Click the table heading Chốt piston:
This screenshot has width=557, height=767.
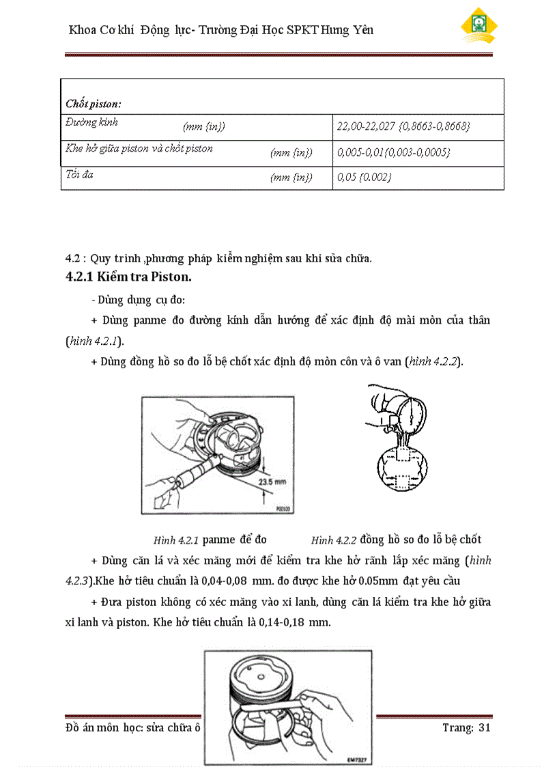[94, 104]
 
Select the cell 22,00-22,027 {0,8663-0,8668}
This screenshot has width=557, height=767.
[403, 127]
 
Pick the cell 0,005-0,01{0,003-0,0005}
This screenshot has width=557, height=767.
[394, 152]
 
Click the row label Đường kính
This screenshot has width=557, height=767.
[92, 122]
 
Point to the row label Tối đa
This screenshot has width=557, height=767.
[80, 174]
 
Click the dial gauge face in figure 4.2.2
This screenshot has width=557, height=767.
[412, 413]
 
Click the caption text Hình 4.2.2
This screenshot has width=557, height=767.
[334, 540]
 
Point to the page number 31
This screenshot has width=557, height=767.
[485, 728]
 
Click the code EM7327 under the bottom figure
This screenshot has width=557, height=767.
[356, 758]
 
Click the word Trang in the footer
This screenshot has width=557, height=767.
[457, 728]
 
